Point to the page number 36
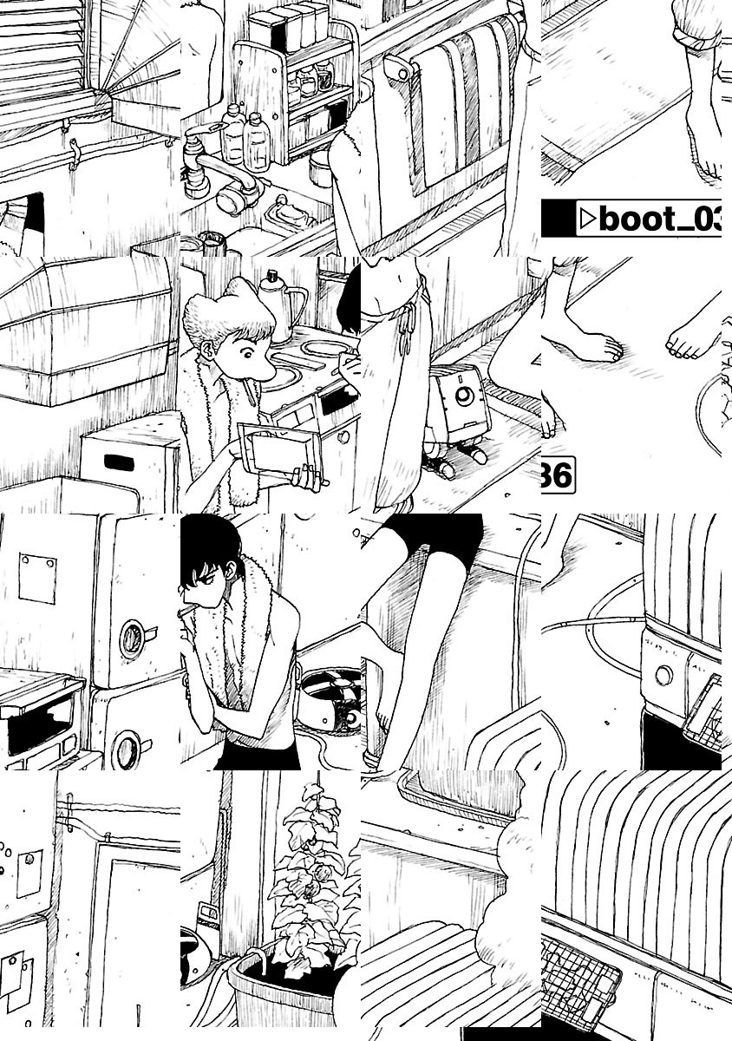pos(557,477)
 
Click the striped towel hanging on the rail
pos(460,104)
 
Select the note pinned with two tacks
pos(37,579)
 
